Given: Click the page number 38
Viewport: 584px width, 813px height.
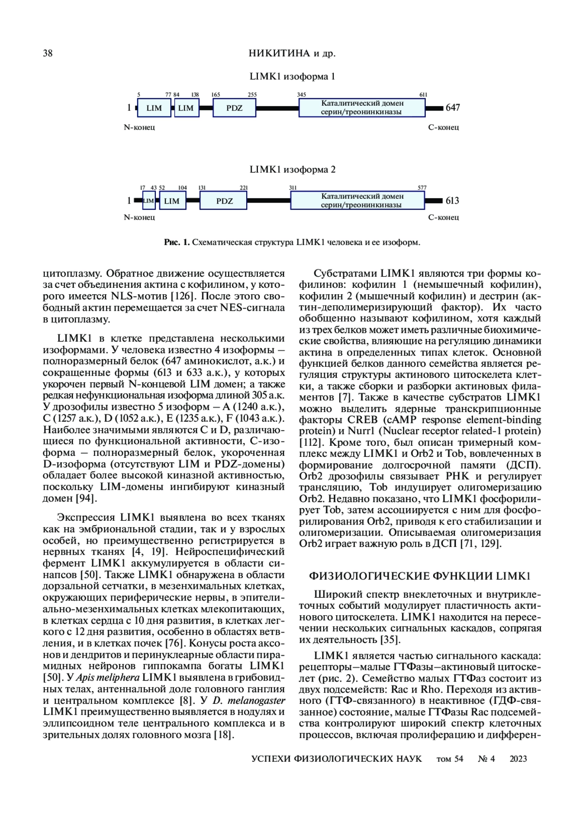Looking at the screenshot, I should tap(48, 54).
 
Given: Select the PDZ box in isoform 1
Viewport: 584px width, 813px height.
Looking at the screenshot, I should tap(234, 108).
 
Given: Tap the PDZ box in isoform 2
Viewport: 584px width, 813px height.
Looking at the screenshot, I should tap(224, 201).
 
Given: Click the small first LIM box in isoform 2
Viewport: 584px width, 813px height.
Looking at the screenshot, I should tap(148, 201).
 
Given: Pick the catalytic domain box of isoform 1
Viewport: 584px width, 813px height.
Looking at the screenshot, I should tap(362, 108).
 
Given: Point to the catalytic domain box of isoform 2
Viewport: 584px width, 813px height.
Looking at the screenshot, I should tap(358, 200).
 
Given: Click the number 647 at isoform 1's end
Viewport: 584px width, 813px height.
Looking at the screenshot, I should tap(453, 108).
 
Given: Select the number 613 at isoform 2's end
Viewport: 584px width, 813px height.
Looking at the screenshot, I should tap(453, 201).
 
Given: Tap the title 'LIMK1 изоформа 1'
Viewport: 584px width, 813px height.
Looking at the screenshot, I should tap(292, 76).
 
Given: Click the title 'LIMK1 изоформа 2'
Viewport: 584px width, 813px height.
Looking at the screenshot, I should tap(292, 170).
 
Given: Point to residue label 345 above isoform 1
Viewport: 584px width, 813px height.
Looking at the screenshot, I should tap(301, 95).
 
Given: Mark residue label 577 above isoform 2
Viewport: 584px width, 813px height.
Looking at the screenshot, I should tap(422, 188).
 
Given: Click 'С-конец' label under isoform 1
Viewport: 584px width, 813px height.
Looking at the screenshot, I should tap(443, 128).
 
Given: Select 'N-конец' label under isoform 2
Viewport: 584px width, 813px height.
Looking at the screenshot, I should tap(139, 217).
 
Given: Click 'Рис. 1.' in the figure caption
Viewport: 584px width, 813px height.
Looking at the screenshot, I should tap(177, 242).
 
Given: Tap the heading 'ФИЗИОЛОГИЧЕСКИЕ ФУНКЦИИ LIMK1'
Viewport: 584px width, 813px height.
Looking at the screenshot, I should tap(420, 576).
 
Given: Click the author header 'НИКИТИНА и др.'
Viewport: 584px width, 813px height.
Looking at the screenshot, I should tap(292, 54).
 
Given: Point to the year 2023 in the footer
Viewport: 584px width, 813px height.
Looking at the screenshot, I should tap(518, 759).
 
